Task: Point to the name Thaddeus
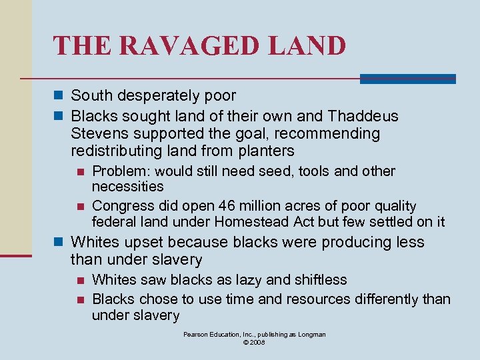click(x=364, y=116)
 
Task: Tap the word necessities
click(x=127, y=186)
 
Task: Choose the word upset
click(x=142, y=242)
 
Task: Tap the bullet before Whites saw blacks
click(x=81, y=280)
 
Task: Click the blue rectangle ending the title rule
click(x=407, y=79)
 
